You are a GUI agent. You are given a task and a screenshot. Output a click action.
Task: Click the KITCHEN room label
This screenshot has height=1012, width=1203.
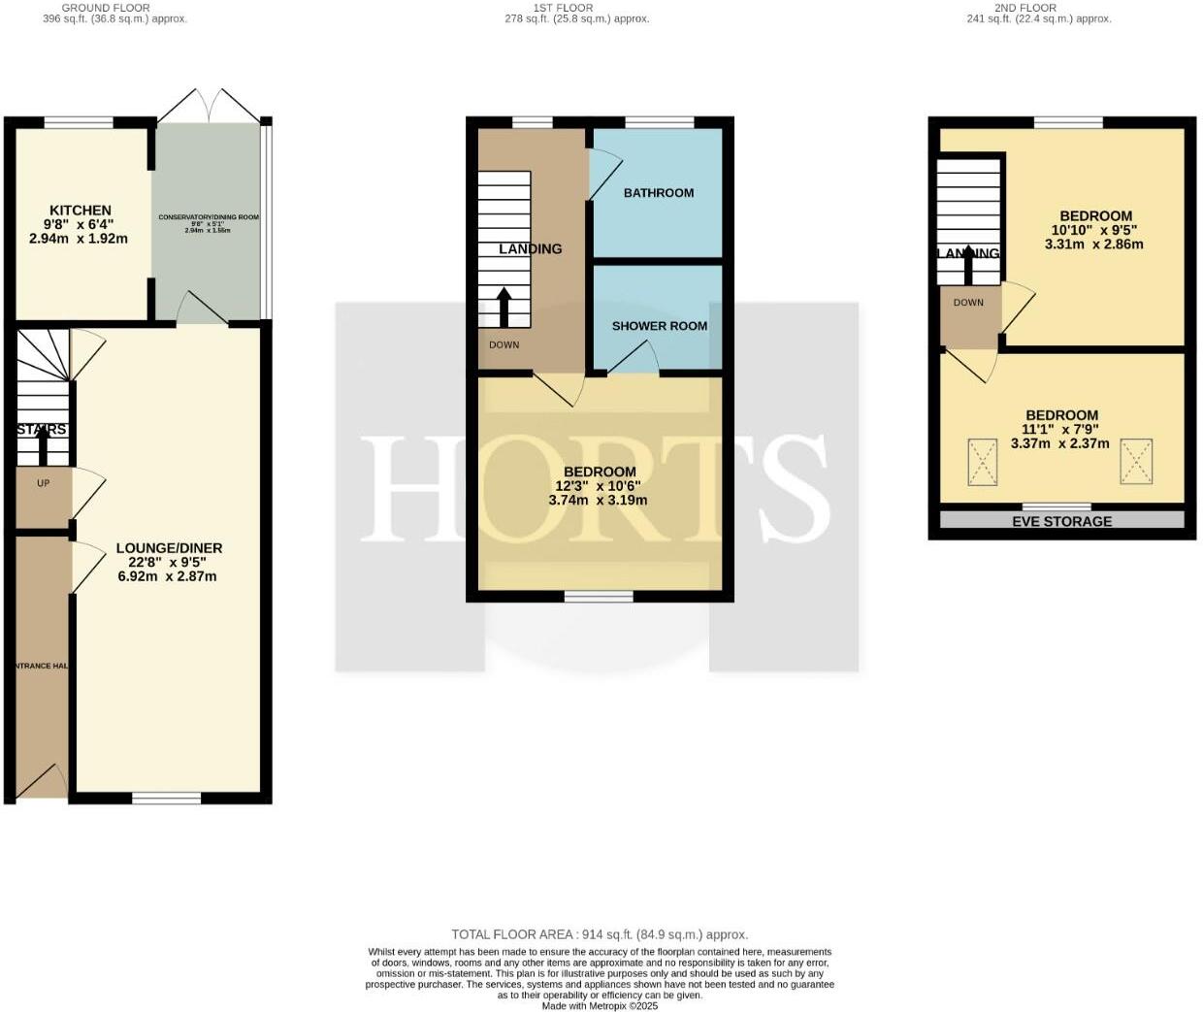pyautogui.click(x=81, y=210)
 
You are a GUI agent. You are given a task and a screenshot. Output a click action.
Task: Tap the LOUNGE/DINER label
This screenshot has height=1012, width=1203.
pyautogui.click(x=169, y=547)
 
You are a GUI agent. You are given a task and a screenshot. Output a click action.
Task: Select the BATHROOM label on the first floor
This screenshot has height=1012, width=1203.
pyautogui.click(x=658, y=192)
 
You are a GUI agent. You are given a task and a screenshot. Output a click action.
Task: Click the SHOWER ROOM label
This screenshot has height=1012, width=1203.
pyautogui.click(x=659, y=326)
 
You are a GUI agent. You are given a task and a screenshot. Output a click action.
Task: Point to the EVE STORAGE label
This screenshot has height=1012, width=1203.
pyautogui.click(x=1061, y=521)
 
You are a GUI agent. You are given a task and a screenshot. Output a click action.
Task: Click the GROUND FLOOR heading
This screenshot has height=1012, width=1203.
pyautogui.click(x=106, y=7)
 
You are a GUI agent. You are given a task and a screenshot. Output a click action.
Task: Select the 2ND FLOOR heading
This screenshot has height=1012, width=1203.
pyautogui.click(x=1024, y=7)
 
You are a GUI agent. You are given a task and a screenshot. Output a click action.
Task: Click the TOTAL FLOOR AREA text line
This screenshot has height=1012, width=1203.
pyautogui.click(x=599, y=934)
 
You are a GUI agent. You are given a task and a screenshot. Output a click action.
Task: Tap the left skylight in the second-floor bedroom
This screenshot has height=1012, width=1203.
pyautogui.click(x=982, y=462)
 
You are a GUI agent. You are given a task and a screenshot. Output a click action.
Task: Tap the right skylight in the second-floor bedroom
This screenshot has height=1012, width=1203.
pyautogui.click(x=1136, y=461)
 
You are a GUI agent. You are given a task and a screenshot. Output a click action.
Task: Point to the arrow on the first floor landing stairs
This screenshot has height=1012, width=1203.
pyautogui.click(x=504, y=306)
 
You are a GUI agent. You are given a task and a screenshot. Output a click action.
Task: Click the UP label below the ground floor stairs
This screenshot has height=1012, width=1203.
pyautogui.click(x=43, y=483)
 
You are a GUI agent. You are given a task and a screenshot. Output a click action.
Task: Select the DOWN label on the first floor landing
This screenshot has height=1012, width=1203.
pyautogui.click(x=504, y=344)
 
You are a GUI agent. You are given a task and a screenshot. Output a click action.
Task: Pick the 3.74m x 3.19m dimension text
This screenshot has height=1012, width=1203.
pyautogui.click(x=598, y=501)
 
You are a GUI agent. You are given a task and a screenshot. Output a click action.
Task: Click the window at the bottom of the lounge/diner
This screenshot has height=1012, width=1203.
pyautogui.click(x=166, y=799)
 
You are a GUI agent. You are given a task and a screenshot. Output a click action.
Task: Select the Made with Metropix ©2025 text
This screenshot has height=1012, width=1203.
pyautogui.click(x=599, y=1006)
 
